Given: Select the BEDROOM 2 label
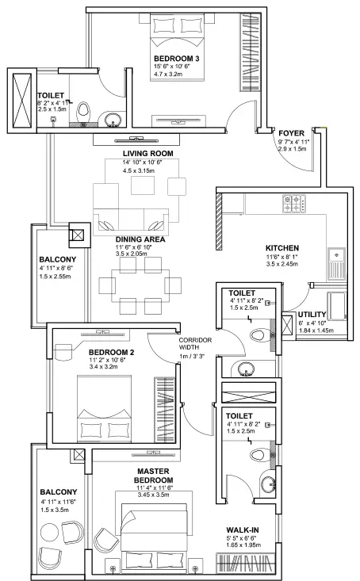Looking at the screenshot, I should [x=110, y=352].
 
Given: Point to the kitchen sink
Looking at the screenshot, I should [x=335, y=255].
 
